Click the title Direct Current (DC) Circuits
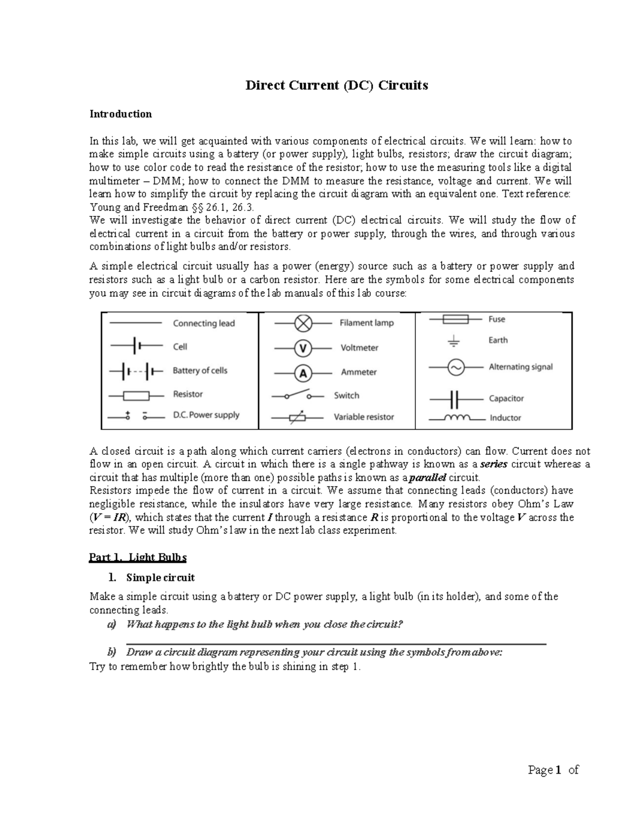336,85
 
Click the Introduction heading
120,114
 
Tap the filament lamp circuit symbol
303,323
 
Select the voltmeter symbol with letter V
303,349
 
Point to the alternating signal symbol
455,367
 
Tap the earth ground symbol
454,341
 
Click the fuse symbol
455,319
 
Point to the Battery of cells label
200,371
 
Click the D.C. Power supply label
206,415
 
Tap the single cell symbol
136,347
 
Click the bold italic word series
494,464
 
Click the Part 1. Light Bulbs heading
137,558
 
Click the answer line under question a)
336,644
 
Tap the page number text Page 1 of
553,770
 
